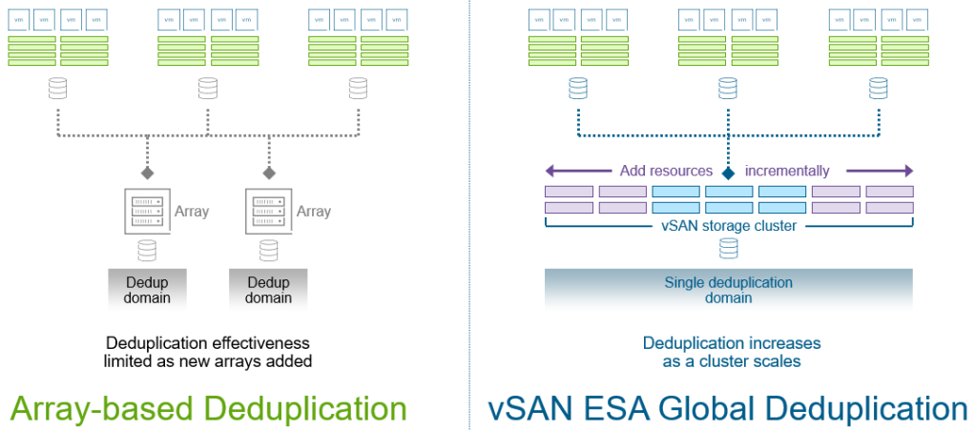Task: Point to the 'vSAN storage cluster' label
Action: pos(729,226)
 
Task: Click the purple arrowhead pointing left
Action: pos(550,172)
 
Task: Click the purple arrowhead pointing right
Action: pos(907,172)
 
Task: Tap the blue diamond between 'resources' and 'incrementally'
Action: pos(729,173)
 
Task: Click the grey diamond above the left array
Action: pos(147,173)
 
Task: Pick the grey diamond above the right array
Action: pos(268,173)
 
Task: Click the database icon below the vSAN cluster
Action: pos(729,249)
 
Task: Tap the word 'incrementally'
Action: pos(787,172)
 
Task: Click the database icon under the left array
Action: pos(146,250)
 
